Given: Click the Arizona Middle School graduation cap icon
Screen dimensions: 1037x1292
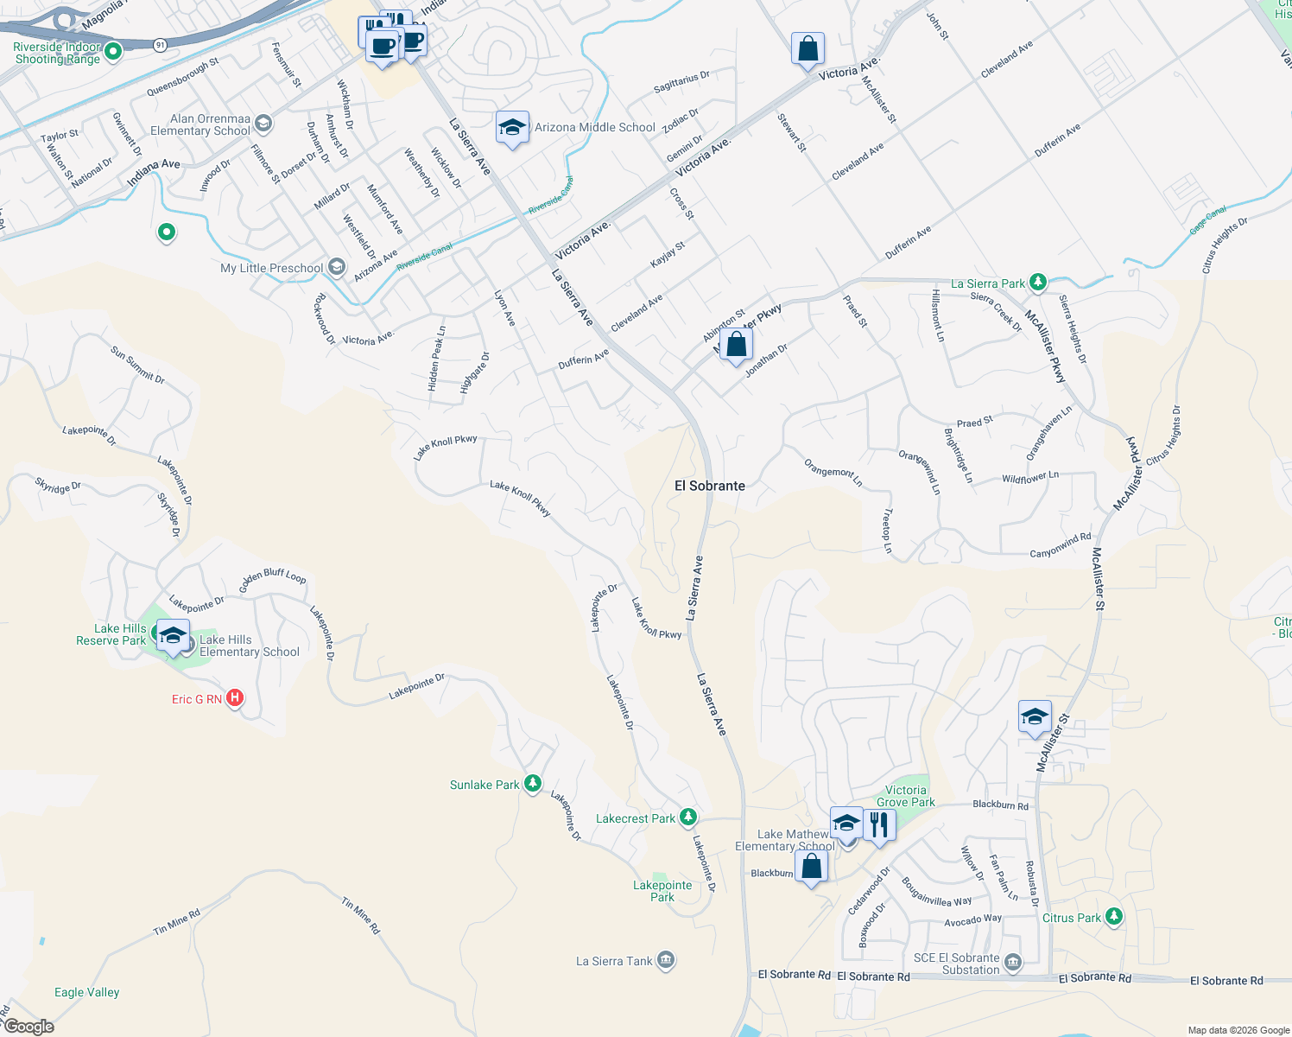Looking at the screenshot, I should (512, 128).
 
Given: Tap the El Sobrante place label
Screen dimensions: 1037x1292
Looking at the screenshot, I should (709, 486).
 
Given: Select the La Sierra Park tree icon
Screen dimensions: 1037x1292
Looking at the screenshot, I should (1038, 283).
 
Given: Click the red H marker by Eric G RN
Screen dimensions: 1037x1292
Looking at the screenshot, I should (234, 698).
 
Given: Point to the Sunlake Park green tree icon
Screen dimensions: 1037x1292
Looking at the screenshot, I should (533, 784).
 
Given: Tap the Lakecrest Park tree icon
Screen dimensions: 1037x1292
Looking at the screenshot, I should (687, 818).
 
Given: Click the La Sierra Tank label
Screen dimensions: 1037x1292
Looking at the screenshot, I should (614, 961).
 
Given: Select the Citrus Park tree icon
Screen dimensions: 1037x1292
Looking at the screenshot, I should (1114, 917).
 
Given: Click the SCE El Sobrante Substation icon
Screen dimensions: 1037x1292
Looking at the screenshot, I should (1013, 962).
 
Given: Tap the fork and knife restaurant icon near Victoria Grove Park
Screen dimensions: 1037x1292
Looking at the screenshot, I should (878, 824).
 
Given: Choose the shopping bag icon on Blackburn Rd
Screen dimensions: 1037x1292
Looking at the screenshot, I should (811, 865).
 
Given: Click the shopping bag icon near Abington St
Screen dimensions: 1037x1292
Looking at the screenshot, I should (736, 345).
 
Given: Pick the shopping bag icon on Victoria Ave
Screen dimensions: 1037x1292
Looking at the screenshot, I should (807, 48).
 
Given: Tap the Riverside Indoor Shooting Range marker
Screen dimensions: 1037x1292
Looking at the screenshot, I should (112, 52).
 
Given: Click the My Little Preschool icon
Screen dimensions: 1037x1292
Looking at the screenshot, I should (337, 267).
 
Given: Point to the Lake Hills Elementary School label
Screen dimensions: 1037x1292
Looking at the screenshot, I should (249, 646).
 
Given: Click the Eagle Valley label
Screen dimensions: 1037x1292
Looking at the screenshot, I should (86, 992).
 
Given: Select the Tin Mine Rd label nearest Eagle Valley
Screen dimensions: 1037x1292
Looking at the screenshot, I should (176, 922).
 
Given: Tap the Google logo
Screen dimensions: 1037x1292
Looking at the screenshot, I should (28, 1027).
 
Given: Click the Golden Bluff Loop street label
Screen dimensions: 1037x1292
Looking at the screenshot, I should (272, 576).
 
